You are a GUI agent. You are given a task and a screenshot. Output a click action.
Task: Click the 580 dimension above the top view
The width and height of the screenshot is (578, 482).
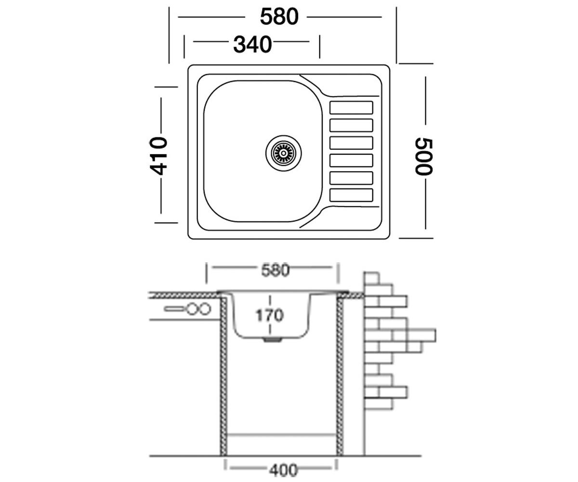(279, 17)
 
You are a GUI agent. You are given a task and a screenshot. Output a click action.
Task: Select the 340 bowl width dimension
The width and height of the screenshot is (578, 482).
(252, 45)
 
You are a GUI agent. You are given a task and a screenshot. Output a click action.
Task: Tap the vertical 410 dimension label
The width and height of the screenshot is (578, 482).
(158, 156)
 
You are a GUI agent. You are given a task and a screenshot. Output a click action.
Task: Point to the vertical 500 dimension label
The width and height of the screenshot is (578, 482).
(423, 157)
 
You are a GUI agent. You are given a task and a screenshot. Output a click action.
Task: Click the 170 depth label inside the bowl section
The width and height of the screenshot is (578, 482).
(269, 315)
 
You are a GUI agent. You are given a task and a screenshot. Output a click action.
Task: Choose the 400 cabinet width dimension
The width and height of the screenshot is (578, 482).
(283, 470)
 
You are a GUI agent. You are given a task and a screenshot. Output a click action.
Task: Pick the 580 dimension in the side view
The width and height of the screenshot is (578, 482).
(275, 270)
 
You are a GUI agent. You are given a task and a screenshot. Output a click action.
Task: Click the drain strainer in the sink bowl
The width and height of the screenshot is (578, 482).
(284, 153)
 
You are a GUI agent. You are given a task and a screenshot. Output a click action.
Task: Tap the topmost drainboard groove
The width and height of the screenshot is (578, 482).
(351, 107)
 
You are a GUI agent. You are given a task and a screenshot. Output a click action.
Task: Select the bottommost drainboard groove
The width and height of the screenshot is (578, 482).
(351, 195)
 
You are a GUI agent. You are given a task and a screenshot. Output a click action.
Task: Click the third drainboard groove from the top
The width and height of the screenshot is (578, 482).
(351, 143)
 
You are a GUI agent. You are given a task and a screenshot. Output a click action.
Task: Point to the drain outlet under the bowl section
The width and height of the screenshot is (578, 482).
(273, 340)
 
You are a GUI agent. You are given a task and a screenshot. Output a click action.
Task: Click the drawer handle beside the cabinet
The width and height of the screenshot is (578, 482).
(187, 308)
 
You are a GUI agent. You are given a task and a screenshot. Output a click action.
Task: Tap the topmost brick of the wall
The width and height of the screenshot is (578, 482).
(371, 278)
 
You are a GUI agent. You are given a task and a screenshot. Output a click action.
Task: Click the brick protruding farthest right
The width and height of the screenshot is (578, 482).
(421, 335)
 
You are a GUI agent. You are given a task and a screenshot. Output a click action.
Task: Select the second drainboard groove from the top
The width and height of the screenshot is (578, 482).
(351, 125)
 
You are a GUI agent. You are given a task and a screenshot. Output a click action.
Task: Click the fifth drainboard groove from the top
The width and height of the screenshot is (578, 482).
(351, 178)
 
